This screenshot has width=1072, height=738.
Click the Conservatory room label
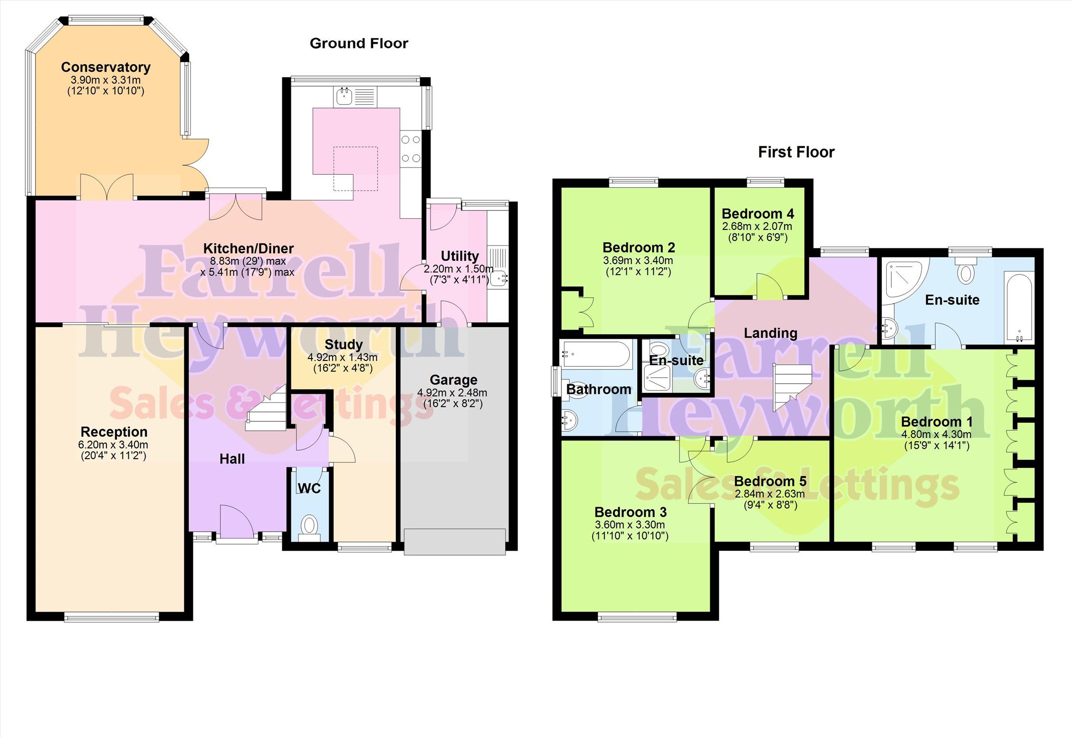tap(105, 67)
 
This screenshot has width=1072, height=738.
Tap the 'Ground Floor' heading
tap(359, 43)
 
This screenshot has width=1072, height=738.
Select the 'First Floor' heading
tap(796, 152)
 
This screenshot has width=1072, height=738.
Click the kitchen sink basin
tap(344, 96)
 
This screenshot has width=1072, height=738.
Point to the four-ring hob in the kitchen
tap(411, 149)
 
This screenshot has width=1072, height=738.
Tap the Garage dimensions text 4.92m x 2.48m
tap(452, 393)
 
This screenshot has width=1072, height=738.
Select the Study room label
tap(344, 344)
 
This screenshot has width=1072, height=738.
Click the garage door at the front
tap(455, 542)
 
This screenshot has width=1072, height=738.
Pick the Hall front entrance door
tap(237, 522)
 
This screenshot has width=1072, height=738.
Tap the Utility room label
tap(459, 256)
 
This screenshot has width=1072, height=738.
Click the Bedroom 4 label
tap(757, 214)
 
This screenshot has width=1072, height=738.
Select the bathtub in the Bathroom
tap(597, 354)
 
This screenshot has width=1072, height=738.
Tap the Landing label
tap(770, 333)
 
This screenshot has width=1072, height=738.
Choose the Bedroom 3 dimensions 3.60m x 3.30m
tap(630, 525)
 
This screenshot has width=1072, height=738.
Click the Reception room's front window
tap(112, 617)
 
